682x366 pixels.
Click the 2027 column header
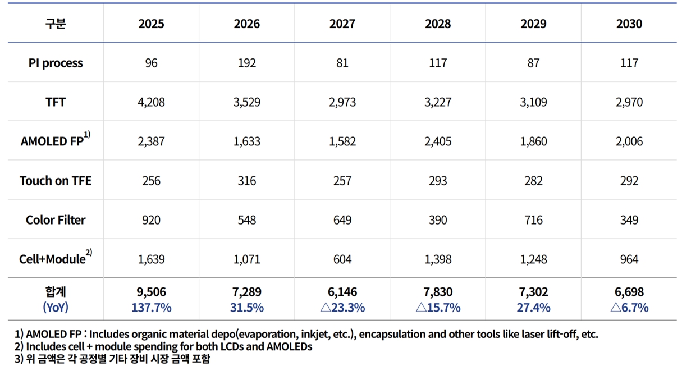[x=342, y=24]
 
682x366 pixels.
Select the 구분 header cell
[x=56, y=24]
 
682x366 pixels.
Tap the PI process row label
[x=56, y=63]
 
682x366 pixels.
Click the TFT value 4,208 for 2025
[x=151, y=102]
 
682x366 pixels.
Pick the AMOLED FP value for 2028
[x=438, y=141]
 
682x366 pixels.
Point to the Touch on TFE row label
[x=56, y=181]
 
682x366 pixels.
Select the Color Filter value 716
[x=533, y=220]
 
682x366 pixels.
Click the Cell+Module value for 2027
[x=342, y=259]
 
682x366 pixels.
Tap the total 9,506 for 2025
[x=151, y=292]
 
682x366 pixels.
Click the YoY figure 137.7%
[x=152, y=308]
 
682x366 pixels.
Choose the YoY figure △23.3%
[x=342, y=308]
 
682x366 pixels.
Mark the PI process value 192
[x=246, y=63]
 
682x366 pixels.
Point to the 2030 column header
[x=629, y=24]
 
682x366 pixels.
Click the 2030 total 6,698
[x=629, y=292]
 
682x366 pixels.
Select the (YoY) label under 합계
[x=56, y=308]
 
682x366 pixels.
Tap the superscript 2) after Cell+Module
[x=89, y=253]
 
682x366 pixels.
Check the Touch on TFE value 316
[x=246, y=181]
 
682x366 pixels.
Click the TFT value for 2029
[x=533, y=102]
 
